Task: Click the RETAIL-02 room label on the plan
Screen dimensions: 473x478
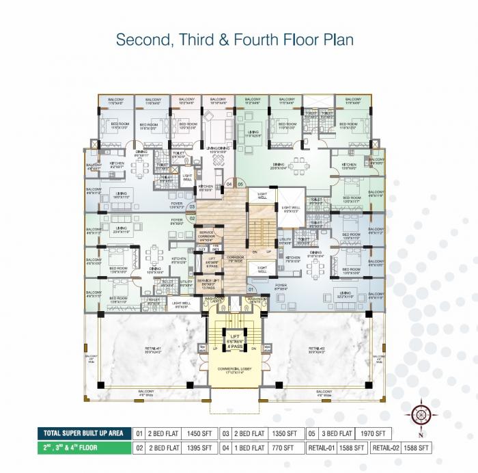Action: tap(313, 351)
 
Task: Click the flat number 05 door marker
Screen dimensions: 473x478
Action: tap(240, 185)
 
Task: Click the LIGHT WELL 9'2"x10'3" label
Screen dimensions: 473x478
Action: tap(291, 208)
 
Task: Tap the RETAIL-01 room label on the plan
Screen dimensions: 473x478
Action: tap(153, 351)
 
